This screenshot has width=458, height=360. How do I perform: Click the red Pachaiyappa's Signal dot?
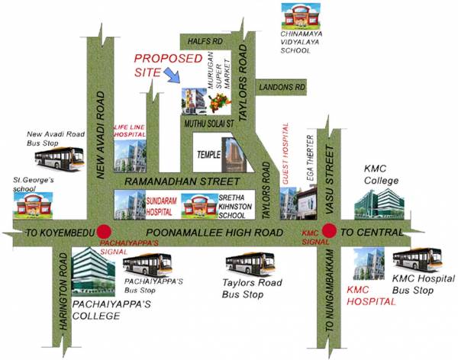coord(105,233)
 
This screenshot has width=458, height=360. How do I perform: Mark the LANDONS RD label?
coord(282,88)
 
